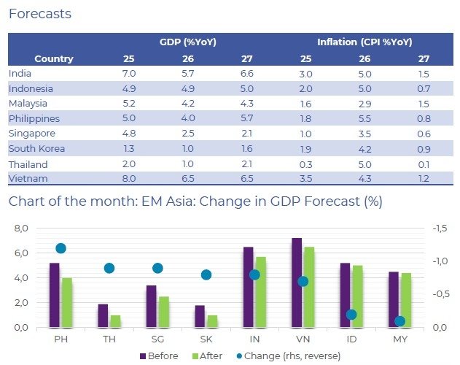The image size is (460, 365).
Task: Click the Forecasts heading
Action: tap(40, 13)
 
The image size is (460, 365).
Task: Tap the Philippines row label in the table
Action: tap(34, 118)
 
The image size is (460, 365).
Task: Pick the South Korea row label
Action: tap(36, 149)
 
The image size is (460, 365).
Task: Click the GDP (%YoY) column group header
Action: tap(188, 42)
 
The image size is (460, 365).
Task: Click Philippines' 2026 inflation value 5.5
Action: tap(365, 118)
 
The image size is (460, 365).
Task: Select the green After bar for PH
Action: tap(67, 302)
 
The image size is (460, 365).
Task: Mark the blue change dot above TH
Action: tap(109, 268)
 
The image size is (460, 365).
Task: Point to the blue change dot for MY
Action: tap(399, 320)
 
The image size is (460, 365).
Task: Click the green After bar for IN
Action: tap(260, 292)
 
